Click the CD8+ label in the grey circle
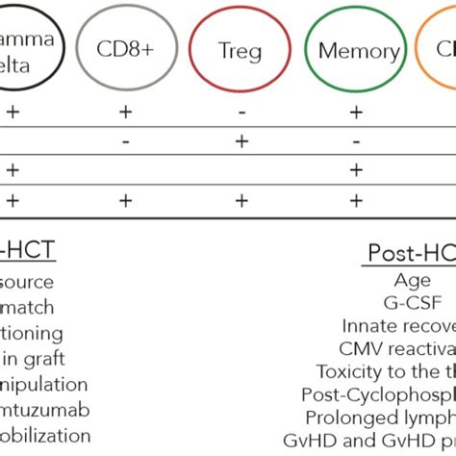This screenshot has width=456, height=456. [x=124, y=50]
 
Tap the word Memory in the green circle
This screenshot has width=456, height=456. [x=359, y=51]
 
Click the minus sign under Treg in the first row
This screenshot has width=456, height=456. [x=241, y=113]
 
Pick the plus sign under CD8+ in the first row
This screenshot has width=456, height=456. [x=125, y=113]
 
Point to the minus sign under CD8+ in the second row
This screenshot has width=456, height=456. [x=125, y=141]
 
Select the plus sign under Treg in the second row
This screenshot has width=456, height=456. [x=241, y=141]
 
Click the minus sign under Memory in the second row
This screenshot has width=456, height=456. [x=356, y=141]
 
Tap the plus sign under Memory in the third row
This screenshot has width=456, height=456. [x=356, y=170]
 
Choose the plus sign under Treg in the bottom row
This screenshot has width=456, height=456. [x=241, y=200]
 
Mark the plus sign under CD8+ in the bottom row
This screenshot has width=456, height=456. [x=125, y=200]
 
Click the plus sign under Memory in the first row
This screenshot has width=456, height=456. [x=356, y=113]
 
